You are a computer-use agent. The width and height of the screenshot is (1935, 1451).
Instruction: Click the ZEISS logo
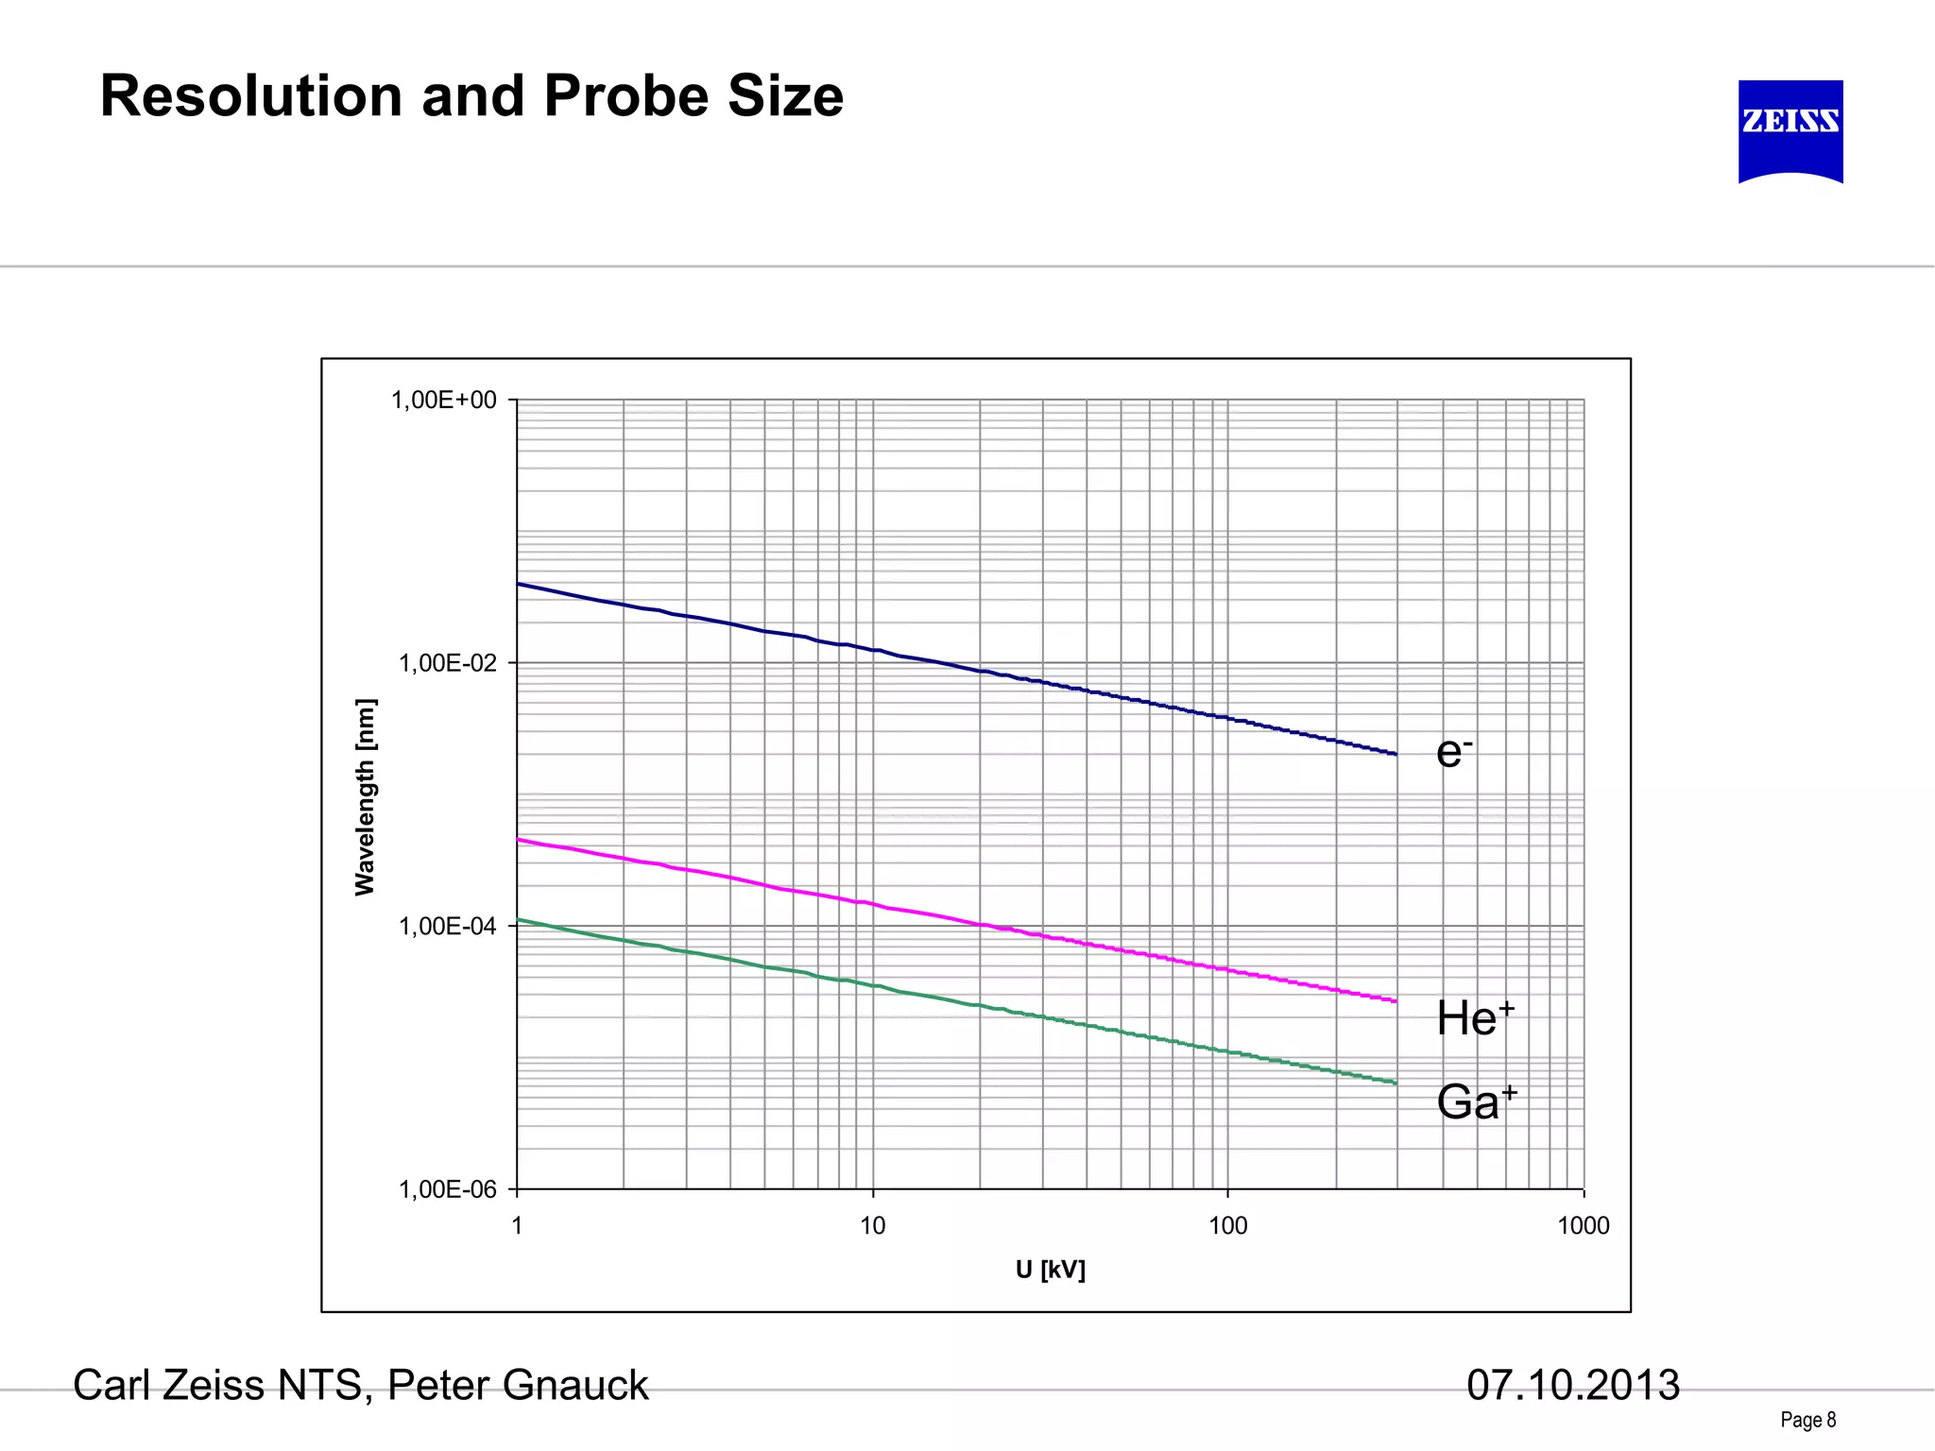tap(1790, 130)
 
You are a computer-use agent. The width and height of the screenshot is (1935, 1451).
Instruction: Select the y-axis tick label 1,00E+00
tap(443, 401)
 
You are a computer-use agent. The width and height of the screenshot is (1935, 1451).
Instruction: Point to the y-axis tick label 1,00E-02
tap(447, 663)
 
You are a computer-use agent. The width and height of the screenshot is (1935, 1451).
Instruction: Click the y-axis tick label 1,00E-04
tap(447, 927)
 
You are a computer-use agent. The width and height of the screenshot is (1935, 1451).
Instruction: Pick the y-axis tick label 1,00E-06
tap(447, 1189)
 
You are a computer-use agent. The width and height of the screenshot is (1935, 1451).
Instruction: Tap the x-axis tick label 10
tap(872, 1226)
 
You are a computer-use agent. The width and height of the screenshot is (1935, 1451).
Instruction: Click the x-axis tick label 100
tap(1227, 1226)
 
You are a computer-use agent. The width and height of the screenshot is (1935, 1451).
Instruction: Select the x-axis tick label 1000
tap(1583, 1226)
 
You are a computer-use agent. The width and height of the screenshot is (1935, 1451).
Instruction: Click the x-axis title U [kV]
tap(1050, 1270)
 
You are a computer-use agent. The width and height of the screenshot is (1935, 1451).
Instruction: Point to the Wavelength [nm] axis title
tap(365, 796)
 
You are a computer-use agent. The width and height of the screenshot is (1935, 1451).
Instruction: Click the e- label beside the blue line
tap(1453, 753)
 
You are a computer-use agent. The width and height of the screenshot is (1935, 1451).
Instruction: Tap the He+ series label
tap(1475, 1019)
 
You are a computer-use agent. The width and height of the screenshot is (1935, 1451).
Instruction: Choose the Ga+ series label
tap(1476, 1102)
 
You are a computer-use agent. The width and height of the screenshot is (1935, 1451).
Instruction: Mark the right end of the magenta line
tap(1396, 1000)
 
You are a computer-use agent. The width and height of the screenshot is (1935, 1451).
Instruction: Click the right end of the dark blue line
tap(1396, 754)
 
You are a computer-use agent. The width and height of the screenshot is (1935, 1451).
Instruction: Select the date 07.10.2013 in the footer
tap(1572, 1386)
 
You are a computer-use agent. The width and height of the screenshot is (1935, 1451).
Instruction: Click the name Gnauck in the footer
tap(575, 1386)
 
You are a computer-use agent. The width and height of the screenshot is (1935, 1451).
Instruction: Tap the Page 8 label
tap(1807, 1420)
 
